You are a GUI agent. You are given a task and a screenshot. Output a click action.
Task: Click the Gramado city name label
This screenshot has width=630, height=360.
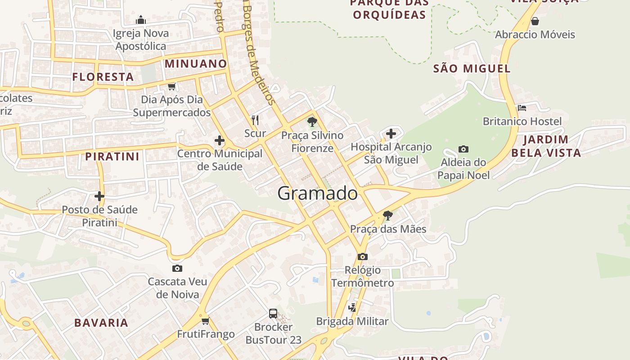click(x=317, y=193)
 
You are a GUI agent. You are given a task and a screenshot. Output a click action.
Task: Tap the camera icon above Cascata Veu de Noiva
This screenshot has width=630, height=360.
click(x=177, y=268)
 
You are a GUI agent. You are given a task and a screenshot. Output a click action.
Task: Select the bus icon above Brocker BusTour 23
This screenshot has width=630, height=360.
click(x=273, y=313)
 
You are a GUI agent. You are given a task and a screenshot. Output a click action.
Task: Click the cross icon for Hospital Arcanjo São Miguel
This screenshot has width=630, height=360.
click(x=391, y=133)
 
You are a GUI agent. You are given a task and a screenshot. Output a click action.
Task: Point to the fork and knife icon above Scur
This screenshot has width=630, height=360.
click(x=255, y=120)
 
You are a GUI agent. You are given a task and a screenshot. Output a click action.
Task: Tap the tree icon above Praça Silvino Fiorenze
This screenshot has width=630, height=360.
click(x=312, y=121)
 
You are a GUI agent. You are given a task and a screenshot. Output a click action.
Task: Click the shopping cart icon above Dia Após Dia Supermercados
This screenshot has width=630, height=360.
click(x=171, y=86)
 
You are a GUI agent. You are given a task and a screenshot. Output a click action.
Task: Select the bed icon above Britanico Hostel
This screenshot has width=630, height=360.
click(x=522, y=108)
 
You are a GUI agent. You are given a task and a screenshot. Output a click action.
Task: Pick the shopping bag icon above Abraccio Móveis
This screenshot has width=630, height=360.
click(x=535, y=21)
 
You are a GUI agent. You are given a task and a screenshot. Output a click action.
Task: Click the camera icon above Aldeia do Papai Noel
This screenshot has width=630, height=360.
click(x=463, y=149)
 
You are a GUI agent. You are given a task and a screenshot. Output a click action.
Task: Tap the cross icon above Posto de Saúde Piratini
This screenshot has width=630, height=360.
click(x=99, y=196)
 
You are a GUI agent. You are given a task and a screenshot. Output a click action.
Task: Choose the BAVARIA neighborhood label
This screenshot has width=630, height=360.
click(x=101, y=323)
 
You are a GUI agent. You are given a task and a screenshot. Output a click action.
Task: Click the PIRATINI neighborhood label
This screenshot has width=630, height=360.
click(x=112, y=157)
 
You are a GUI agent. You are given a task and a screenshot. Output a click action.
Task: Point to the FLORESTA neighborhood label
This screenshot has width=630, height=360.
click(x=103, y=77)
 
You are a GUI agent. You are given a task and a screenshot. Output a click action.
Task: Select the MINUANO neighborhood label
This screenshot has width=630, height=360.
click(x=196, y=63)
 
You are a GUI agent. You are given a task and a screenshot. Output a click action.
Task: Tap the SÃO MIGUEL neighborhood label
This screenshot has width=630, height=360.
click(x=472, y=69)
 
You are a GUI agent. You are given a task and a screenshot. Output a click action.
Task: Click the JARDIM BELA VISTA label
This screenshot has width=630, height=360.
click(x=546, y=146)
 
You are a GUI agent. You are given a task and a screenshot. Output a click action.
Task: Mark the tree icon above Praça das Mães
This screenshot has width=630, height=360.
click(x=387, y=216)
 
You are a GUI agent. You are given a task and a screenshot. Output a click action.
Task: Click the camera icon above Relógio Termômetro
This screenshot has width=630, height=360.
click(x=362, y=256)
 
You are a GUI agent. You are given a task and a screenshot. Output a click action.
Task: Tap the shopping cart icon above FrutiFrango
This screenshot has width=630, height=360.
click(x=206, y=321)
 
